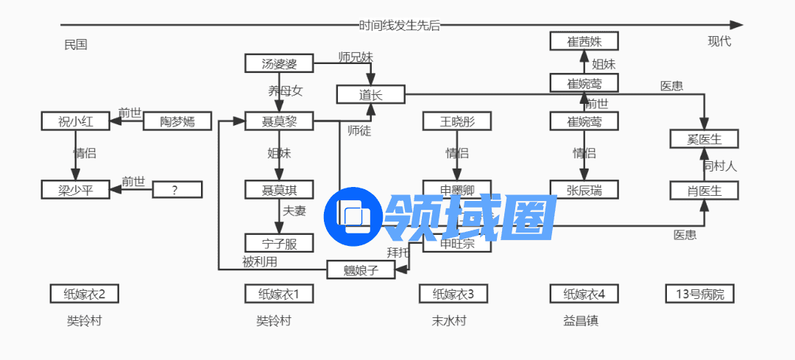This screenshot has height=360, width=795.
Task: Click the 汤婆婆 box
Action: [x=279, y=64]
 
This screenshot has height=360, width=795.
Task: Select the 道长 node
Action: [x=370, y=94]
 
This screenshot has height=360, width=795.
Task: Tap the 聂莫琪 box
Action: [x=279, y=190]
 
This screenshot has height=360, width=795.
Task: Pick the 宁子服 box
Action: [x=279, y=242]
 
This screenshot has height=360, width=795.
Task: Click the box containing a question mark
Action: [x=177, y=190]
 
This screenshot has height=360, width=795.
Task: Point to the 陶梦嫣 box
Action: [x=177, y=121]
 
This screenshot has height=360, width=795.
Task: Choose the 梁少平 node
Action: [x=75, y=190]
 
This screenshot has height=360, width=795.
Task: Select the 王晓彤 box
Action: [x=456, y=121]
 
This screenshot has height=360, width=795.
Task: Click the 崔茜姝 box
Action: [x=584, y=41]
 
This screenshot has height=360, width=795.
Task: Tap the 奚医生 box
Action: [x=704, y=138]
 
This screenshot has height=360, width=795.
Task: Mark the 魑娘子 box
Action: [x=361, y=270]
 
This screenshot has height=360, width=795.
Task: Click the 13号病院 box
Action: [x=699, y=294]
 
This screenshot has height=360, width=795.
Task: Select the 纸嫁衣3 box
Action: [x=453, y=294]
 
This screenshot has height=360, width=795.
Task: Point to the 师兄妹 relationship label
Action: [x=356, y=57]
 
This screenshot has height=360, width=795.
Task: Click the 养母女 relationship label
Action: [x=285, y=91]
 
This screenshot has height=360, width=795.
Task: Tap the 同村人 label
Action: [x=719, y=166]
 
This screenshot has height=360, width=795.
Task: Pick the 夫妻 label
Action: [x=294, y=211]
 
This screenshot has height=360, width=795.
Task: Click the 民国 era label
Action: [x=76, y=44]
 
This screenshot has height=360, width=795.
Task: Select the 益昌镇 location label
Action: [x=581, y=321]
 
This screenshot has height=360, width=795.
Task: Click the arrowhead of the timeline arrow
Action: [x=737, y=25]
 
